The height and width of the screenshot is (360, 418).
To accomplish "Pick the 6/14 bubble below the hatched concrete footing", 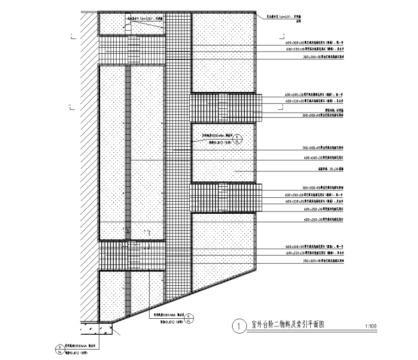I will coord(59,348).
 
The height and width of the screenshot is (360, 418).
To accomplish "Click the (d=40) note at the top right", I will coord(285,17).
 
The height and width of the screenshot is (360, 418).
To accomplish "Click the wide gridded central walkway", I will coord(178,165).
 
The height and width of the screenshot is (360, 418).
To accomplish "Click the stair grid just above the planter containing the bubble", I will coord(226,107).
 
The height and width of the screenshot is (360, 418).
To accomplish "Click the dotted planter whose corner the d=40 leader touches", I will coord(223,52).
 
